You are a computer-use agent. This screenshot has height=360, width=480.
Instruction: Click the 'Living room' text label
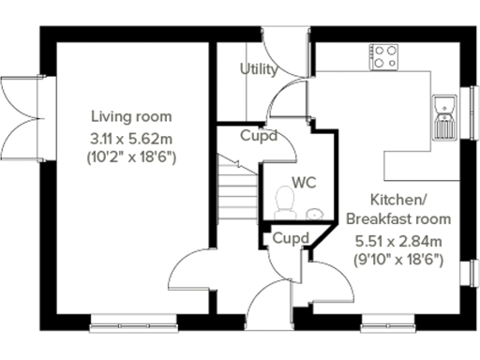pyautogui.click(x=131, y=116)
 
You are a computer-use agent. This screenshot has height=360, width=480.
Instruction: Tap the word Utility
pyautogui.click(x=258, y=69)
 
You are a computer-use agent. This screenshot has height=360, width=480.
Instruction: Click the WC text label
pyautogui.click(x=302, y=180)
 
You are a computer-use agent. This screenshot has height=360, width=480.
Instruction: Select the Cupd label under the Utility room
pyautogui.click(x=258, y=136)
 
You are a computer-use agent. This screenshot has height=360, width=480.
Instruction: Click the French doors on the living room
pyautogui.click(x=22, y=112)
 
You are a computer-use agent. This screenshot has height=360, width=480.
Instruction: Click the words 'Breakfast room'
pyautogui.click(x=398, y=218)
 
